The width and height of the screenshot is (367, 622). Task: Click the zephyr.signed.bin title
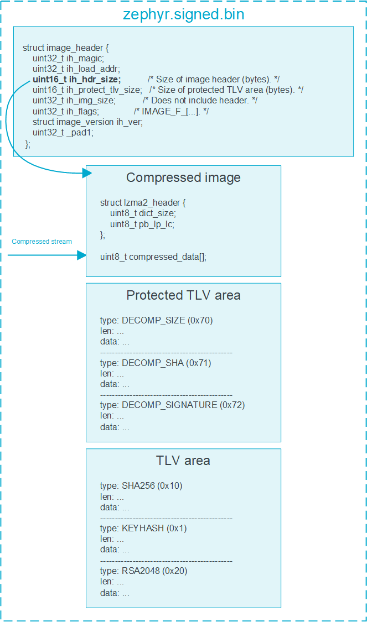point(183,14)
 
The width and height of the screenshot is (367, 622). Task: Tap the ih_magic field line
point(68,58)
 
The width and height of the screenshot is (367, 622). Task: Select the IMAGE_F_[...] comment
point(169,111)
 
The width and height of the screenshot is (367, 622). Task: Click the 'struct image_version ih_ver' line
point(87,122)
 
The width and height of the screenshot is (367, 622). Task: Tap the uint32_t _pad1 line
point(63,132)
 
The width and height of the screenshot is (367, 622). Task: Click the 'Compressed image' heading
point(183,177)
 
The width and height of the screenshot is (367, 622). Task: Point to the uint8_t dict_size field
point(143,213)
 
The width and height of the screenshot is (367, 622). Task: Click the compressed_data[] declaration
point(153,257)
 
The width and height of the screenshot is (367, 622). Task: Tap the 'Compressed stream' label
point(42,242)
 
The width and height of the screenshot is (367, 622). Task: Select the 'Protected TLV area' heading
point(183,295)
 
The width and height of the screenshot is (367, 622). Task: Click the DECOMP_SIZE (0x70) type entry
point(156,321)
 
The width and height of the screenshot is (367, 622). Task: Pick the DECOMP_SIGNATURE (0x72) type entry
point(172,405)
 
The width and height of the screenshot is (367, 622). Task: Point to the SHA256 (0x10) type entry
point(141,486)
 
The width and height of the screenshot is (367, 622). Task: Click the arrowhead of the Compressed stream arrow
point(82,255)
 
